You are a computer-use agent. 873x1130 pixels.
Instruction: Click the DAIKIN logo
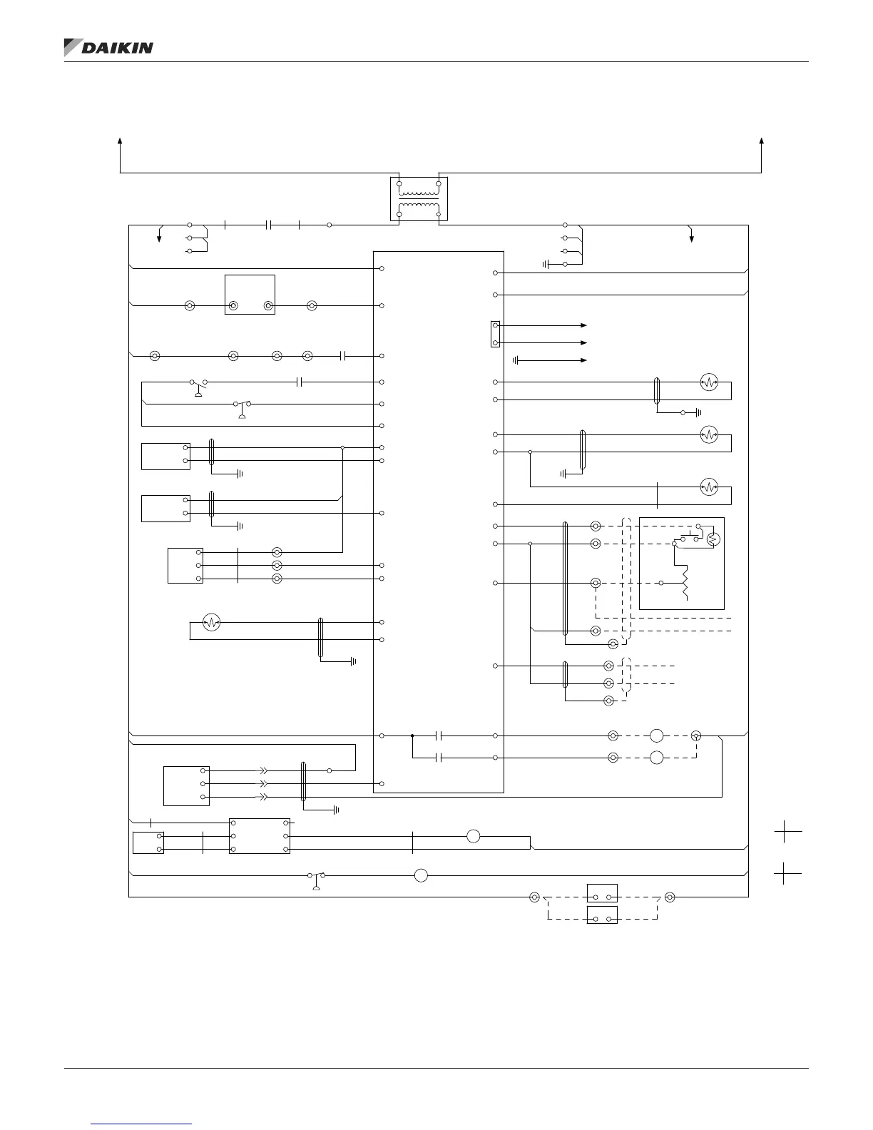(108, 47)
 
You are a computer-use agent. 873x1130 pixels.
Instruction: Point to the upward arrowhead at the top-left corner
(120, 141)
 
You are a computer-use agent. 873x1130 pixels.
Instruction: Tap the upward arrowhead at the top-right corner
(762, 141)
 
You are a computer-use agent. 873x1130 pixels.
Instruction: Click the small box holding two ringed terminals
(250, 295)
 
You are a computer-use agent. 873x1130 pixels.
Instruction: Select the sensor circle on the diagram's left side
(210, 623)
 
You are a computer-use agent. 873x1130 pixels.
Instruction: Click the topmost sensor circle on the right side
(708, 382)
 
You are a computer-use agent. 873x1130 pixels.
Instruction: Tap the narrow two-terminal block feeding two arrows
(495, 334)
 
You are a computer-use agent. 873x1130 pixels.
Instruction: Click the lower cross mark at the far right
(787, 873)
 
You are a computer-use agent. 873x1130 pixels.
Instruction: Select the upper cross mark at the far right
(787, 831)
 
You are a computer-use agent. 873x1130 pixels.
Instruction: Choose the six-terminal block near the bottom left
(259, 835)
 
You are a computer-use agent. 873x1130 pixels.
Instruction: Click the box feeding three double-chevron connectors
(186, 785)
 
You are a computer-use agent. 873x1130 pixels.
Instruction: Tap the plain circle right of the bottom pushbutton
(421, 875)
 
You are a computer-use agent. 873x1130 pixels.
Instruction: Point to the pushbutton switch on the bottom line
(316, 877)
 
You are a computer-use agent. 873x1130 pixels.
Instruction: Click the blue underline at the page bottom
(142, 1124)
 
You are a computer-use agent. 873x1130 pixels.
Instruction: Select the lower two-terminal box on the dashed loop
(602, 915)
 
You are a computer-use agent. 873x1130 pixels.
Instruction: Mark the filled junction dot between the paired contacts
(412, 735)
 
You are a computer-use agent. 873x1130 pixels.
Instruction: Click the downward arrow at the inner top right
(691, 236)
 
